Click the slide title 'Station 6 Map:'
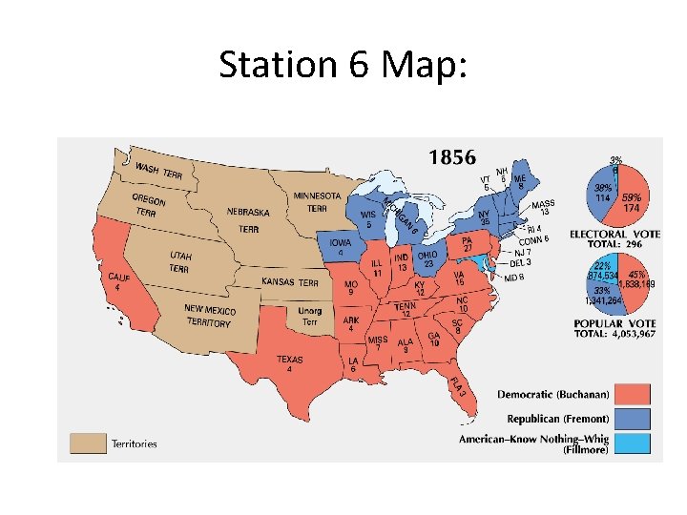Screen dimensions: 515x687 (x=343, y=65)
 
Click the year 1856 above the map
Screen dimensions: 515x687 (x=452, y=157)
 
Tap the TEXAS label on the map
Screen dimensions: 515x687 (x=290, y=360)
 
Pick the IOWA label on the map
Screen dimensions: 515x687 (x=341, y=243)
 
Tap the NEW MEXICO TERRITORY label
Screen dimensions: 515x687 (x=209, y=316)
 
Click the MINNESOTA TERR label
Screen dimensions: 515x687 (x=317, y=201)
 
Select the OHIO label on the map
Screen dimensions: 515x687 (x=428, y=255)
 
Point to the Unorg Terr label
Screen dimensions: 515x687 (x=310, y=316)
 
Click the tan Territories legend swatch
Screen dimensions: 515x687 (x=88, y=443)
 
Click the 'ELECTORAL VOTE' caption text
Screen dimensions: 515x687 (x=612, y=234)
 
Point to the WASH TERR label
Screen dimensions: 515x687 (x=158, y=171)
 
